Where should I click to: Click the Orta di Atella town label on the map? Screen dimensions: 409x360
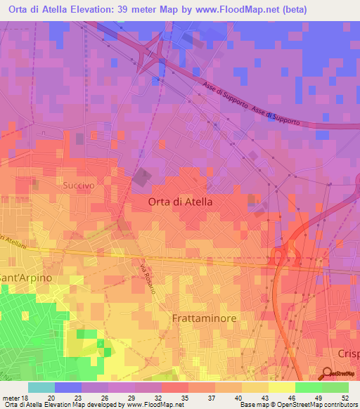180,201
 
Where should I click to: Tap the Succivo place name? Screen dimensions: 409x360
78,185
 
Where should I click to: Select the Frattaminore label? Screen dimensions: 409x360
204,318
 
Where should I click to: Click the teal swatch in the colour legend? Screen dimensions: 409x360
41,387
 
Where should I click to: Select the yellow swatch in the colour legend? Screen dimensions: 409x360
281,387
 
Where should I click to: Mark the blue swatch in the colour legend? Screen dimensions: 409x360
68,387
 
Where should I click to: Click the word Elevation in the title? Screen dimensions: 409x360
88,8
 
